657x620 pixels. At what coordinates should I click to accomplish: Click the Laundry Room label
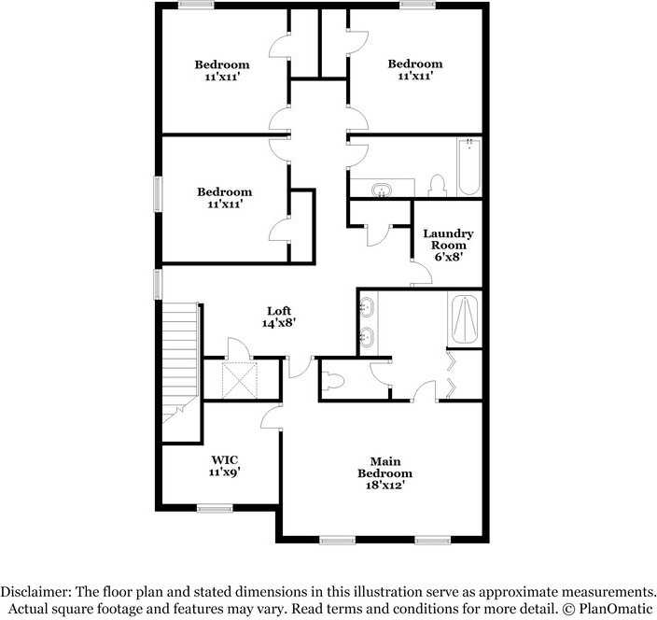[x=448, y=244]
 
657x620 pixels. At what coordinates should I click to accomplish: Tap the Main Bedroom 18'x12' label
[x=384, y=472]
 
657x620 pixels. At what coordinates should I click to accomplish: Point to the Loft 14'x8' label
[x=279, y=317]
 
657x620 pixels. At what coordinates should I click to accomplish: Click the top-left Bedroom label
[x=222, y=70]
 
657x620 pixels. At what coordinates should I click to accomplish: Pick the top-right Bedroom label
[x=415, y=70]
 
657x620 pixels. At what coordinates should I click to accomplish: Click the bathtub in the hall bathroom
[x=468, y=166]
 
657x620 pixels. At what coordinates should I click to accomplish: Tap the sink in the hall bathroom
[x=382, y=190]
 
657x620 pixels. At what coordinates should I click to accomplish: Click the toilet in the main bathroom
[x=333, y=381]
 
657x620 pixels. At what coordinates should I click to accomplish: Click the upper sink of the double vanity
[x=370, y=305]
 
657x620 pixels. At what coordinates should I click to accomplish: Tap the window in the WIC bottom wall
[x=215, y=508]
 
